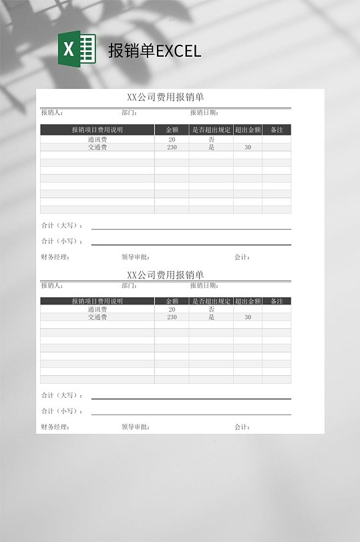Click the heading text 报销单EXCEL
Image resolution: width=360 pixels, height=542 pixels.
[154, 51]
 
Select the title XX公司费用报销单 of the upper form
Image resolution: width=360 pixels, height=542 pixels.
[165, 97]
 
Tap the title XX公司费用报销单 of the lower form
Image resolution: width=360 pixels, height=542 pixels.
[165, 274]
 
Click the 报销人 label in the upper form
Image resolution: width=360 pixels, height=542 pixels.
[52, 113]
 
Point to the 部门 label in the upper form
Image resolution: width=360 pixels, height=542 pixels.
[130, 113]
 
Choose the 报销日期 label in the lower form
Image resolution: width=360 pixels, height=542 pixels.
[204, 286]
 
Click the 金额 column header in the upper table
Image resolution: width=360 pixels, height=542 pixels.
[172, 130]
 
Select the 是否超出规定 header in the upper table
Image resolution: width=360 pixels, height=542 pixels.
[211, 130]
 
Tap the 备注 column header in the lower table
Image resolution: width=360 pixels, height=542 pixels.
[277, 301]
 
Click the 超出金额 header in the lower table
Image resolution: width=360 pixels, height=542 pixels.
[248, 301]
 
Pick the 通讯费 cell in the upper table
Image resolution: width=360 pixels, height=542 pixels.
[98, 140]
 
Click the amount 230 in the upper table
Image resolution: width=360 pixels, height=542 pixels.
[172, 148]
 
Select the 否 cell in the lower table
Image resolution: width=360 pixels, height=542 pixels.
[211, 310]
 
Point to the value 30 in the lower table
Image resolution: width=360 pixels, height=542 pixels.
[248, 318]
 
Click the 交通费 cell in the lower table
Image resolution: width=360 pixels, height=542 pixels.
[98, 318]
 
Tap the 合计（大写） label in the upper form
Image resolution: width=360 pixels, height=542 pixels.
[62, 226]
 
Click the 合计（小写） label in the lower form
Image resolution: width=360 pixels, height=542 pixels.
[62, 411]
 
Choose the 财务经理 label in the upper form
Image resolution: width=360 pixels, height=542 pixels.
[55, 257]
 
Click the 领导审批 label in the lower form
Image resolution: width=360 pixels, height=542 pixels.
[136, 427]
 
